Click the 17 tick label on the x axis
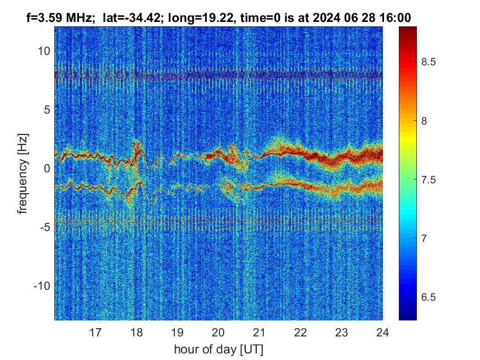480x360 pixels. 95,332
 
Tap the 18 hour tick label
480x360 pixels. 136,332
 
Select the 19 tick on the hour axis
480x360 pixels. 177,332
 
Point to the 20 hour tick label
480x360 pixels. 218,332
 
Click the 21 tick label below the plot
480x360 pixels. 259,332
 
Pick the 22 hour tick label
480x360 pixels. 301,332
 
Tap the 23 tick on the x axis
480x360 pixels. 342,332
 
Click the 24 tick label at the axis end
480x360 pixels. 382,332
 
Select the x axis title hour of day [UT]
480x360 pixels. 218,349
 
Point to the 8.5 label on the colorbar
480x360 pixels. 428,62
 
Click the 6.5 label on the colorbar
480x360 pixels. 428,297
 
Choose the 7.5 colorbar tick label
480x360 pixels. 428,180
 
